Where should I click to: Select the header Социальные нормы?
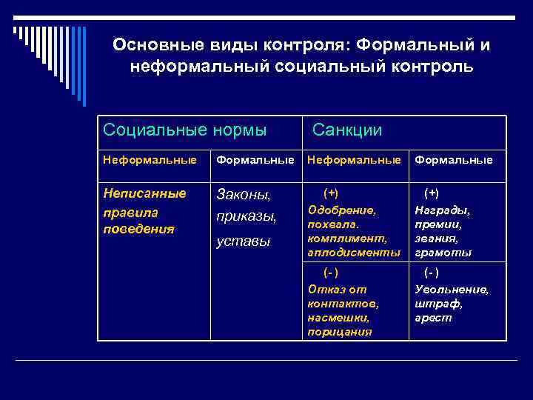[185, 130]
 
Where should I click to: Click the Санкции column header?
[347, 130]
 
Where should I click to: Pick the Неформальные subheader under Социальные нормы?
[150, 159]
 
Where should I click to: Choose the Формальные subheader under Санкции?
[453, 159]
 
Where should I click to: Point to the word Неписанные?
[144, 193]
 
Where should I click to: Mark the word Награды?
[442, 210]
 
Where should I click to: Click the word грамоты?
[443, 253]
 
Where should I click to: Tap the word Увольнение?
[452, 289]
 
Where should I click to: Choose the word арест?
[433, 317]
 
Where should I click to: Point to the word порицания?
[340, 331]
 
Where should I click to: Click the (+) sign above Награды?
[432, 193]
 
